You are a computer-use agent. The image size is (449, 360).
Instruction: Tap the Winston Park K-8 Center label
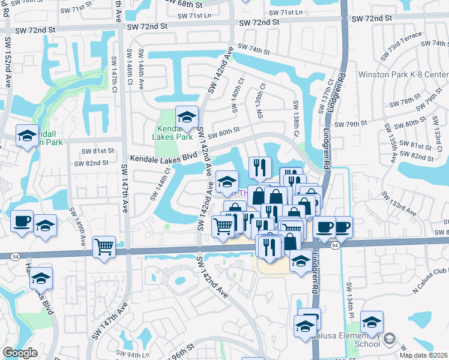point(403,75)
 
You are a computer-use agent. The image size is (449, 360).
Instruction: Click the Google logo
point(20,353)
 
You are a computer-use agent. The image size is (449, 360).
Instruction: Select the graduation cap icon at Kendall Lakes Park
point(187,116)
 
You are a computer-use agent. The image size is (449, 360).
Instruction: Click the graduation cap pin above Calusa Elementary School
point(372,323)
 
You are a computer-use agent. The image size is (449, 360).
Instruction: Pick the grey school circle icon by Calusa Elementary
point(388,340)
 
